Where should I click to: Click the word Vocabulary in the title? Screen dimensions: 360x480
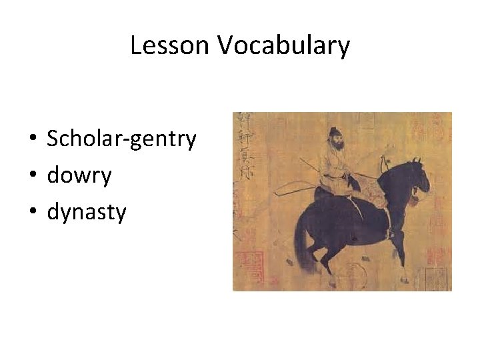point(283,46)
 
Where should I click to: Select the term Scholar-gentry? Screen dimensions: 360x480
point(121,139)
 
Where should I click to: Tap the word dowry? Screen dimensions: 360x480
point(79,175)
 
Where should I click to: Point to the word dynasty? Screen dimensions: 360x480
point(86,212)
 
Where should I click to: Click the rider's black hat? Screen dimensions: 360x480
point(331,131)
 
